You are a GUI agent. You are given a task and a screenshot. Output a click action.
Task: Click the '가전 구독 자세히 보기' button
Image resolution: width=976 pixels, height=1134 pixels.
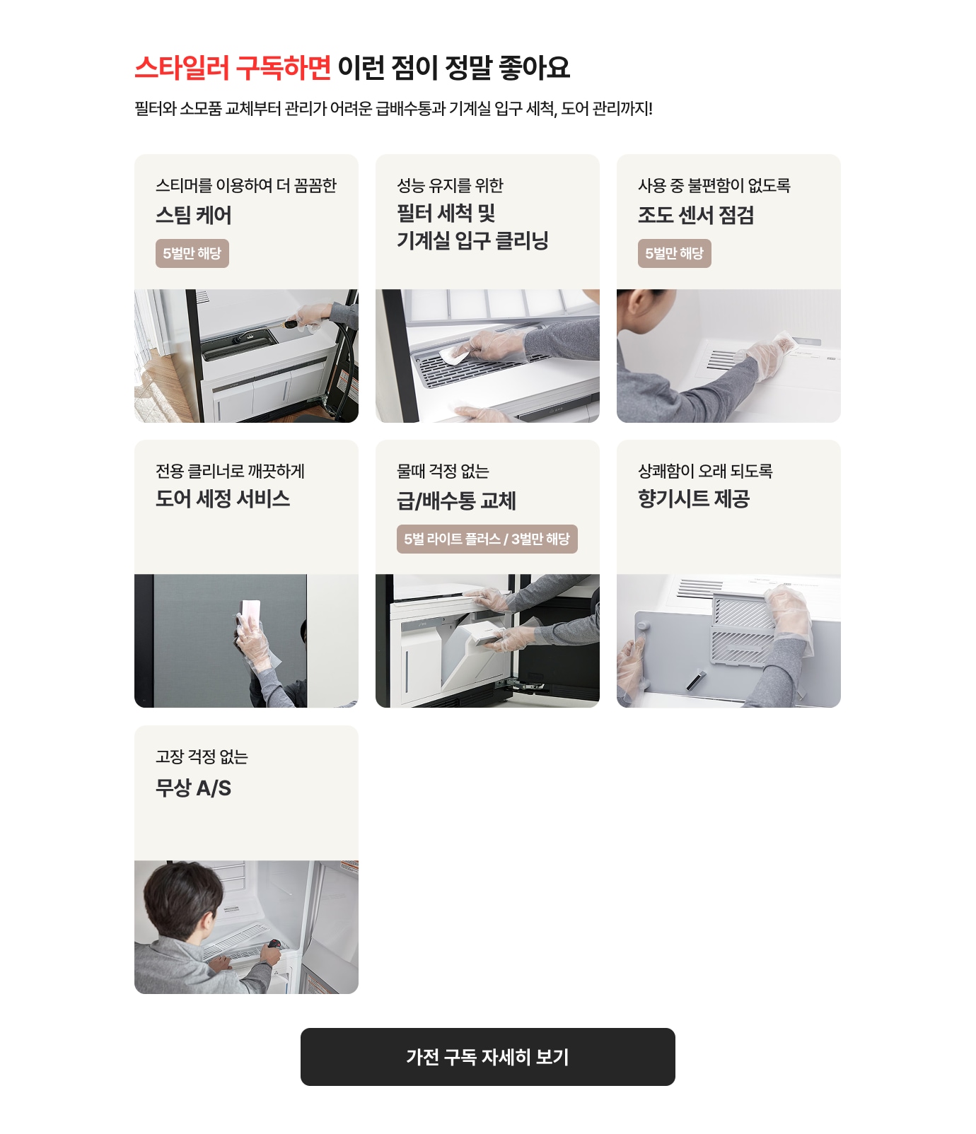coord(487,1056)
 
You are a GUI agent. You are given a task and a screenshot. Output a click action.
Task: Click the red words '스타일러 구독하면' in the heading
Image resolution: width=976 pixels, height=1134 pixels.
coord(233,68)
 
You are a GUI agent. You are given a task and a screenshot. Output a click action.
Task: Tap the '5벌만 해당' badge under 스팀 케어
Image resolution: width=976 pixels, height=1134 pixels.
coord(192,253)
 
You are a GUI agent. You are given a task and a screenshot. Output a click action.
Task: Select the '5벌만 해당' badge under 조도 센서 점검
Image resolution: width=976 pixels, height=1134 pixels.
coord(674,253)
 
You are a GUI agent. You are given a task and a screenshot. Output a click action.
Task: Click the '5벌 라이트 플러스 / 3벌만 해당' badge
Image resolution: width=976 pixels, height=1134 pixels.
coord(487,539)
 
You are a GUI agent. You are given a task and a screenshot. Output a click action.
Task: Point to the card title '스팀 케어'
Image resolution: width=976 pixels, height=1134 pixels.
coord(194,215)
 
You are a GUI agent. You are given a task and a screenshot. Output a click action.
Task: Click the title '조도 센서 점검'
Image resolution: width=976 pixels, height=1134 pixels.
coord(696,215)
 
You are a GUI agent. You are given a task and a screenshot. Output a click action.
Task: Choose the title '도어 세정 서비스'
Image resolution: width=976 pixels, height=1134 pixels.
coord(223,499)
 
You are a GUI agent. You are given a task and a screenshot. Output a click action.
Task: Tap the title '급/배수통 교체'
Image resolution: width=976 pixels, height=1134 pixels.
coord(456,501)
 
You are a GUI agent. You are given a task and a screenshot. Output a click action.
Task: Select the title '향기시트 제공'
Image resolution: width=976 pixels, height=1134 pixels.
coord(694,499)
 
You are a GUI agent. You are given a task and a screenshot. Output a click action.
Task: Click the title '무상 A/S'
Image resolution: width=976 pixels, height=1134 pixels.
coord(193,788)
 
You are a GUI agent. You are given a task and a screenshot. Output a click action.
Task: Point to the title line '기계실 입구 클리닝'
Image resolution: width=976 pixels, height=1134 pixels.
coord(472,241)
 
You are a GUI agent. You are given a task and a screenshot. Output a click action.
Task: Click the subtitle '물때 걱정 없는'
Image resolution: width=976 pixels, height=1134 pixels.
coord(443,471)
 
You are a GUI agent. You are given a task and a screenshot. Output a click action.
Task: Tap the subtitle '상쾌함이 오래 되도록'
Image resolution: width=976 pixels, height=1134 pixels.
coord(705,471)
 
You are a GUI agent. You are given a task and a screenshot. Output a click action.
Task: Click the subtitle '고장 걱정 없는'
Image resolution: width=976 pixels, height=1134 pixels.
coord(202,756)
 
